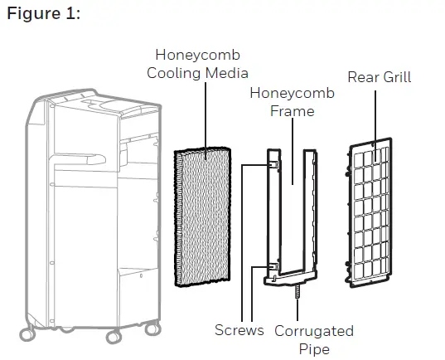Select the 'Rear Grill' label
click(379, 77)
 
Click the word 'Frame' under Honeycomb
click(292, 110)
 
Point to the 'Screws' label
click(239, 330)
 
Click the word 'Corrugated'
click(313, 330)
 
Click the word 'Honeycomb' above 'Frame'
click(292, 93)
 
